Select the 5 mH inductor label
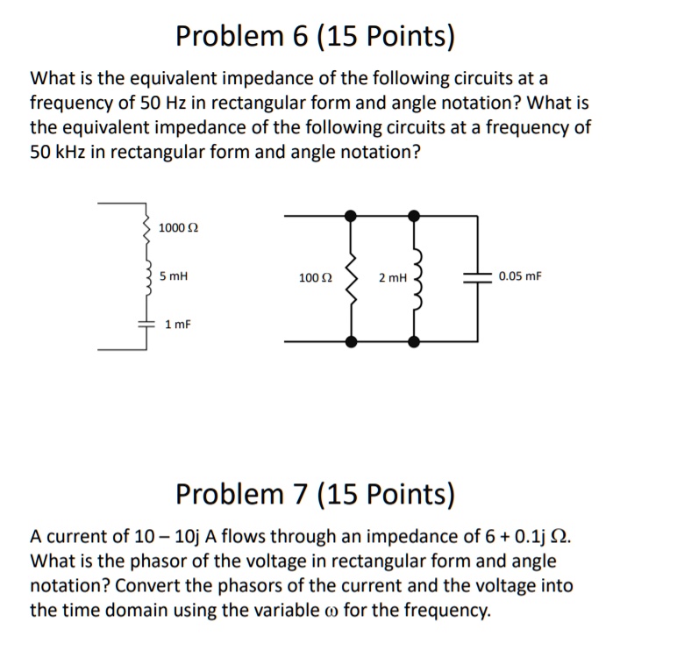tap(174, 275)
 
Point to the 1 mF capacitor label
tap(177, 324)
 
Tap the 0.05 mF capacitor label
tap(519, 276)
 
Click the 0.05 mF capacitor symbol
tap(477, 276)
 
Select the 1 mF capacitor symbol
tap(146, 324)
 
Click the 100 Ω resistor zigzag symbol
tap(352, 276)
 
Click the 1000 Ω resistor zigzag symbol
tap(146, 227)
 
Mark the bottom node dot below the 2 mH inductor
tap(414, 341)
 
